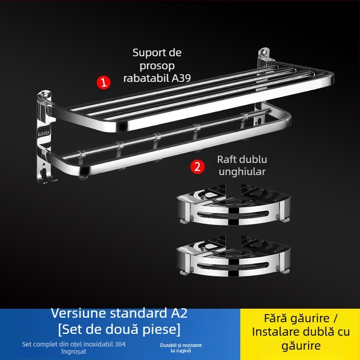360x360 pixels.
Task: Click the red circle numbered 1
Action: pos(103,82)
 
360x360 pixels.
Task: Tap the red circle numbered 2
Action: pos(196,166)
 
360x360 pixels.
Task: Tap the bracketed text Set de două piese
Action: pos(119,329)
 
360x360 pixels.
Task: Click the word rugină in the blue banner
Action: pos(184,350)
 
